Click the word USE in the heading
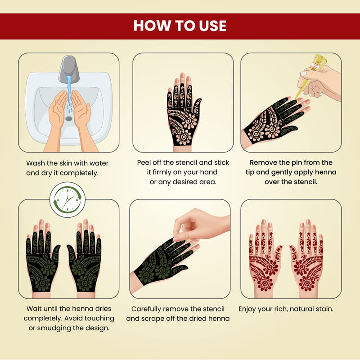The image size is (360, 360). [212, 26]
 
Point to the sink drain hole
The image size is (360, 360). [69, 118]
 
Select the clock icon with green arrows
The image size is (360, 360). [67, 200]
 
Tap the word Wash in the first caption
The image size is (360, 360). [36, 163]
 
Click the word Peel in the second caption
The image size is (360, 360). [144, 162]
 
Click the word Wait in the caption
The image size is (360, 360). [33, 309]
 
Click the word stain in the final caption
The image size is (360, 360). [324, 309]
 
